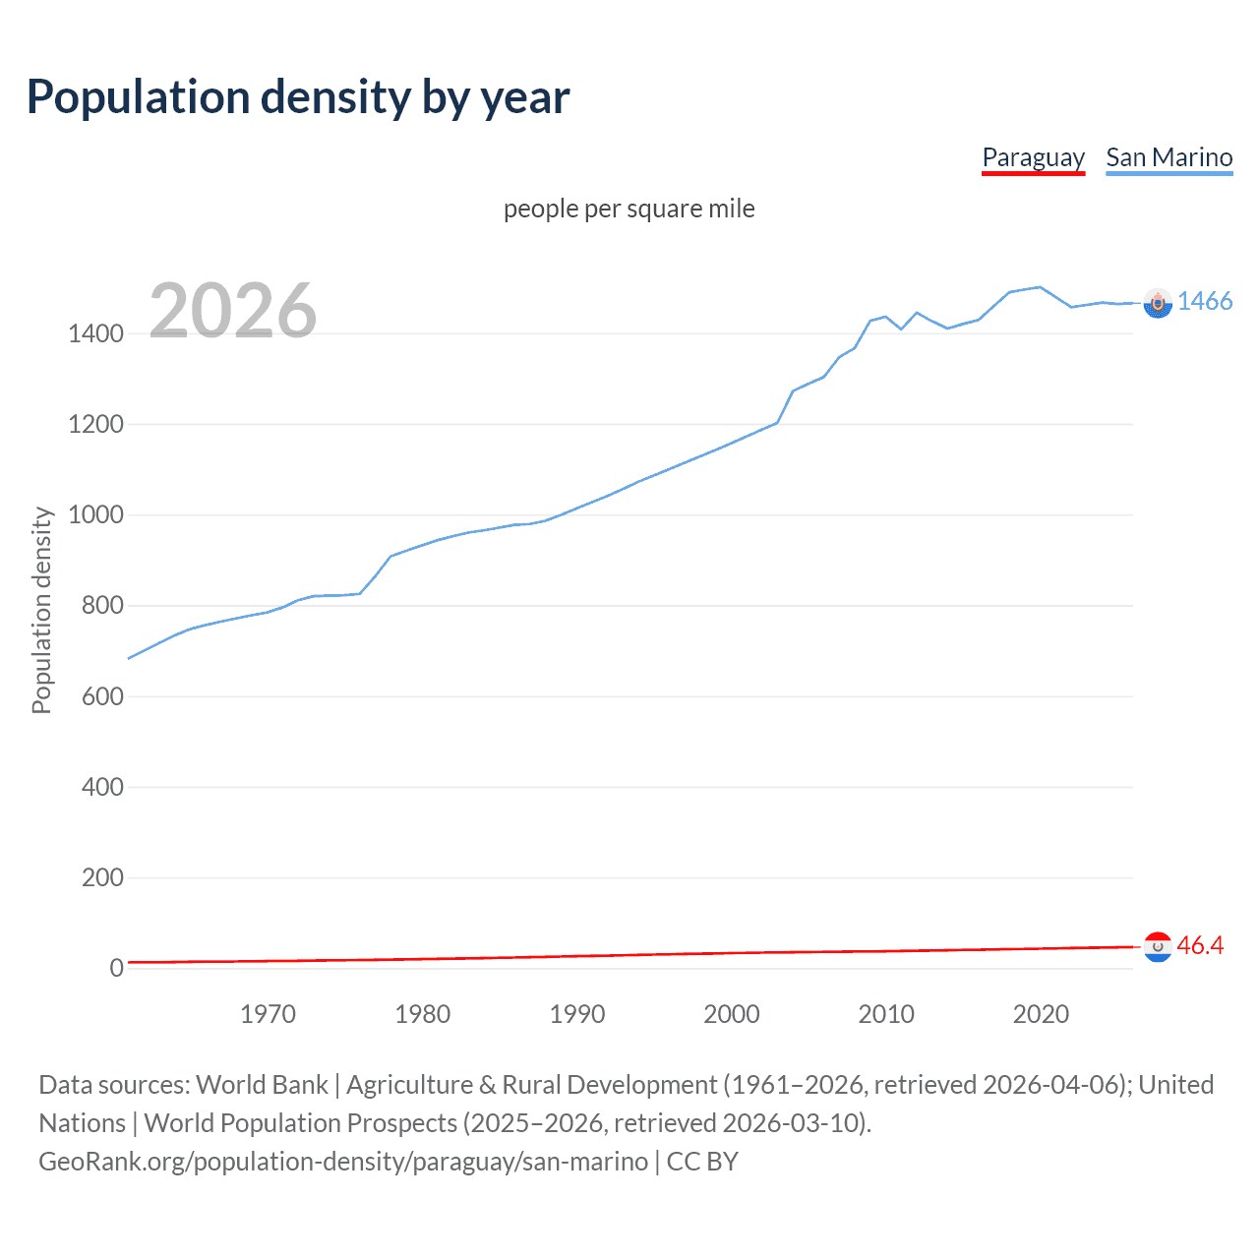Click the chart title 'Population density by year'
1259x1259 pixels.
point(298,97)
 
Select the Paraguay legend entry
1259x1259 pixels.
point(1033,157)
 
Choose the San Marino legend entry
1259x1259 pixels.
point(1169,157)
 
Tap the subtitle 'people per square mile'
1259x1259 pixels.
point(629,209)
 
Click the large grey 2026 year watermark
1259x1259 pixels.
point(233,311)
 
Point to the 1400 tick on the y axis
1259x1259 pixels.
point(95,333)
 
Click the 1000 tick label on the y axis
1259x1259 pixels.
point(95,514)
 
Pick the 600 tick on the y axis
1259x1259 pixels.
point(102,696)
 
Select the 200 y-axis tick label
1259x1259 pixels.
point(102,877)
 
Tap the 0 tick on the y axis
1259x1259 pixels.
point(116,968)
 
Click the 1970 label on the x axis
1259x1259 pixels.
point(268,1014)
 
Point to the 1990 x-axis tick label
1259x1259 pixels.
point(577,1014)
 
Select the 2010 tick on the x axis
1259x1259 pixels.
point(886,1014)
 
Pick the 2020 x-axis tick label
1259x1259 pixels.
point(1041,1014)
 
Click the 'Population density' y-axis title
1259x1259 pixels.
point(41,610)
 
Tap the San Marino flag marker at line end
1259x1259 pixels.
point(1158,303)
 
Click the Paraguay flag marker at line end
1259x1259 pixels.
point(1158,947)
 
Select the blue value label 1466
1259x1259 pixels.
point(1205,301)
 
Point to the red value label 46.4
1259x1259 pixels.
point(1200,945)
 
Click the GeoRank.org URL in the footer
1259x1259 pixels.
point(343,1162)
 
